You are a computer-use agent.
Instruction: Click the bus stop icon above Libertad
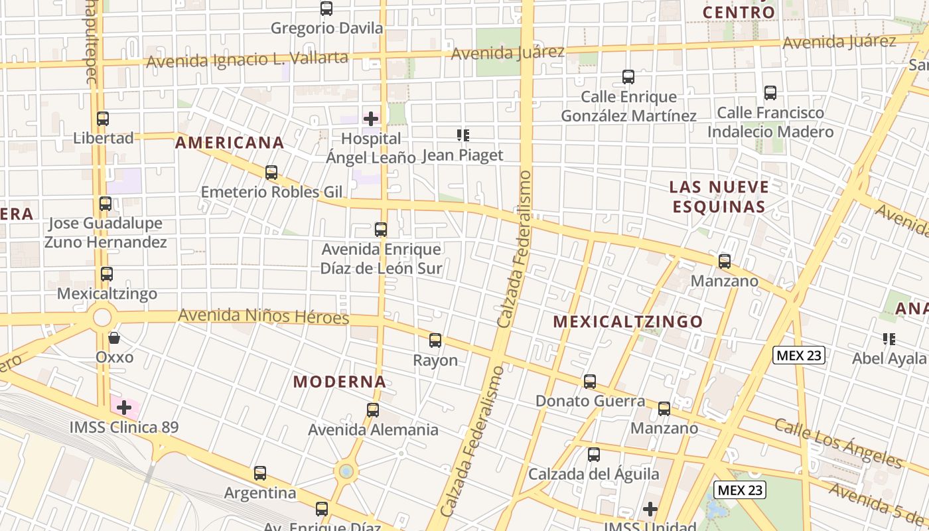point(103,119)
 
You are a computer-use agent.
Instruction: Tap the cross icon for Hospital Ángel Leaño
point(371,119)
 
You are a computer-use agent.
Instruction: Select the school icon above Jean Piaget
point(463,136)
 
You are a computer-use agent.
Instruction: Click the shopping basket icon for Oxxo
point(114,339)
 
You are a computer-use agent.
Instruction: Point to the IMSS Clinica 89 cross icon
point(124,408)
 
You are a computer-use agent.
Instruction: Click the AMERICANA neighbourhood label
point(230,143)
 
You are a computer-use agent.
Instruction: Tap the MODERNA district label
point(340,382)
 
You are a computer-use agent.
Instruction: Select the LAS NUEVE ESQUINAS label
point(719,196)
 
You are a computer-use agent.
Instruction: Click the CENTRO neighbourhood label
point(739,13)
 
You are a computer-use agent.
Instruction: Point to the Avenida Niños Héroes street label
point(263,316)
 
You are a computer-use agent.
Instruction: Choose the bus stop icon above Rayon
point(435,341)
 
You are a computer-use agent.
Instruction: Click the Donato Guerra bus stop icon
point(590,382)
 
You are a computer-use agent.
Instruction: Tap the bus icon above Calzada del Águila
point(594,455)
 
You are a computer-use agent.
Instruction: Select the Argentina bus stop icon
point(260,473)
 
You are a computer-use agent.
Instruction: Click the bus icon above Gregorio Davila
point(326,9)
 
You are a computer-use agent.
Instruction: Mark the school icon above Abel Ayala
point(890,340)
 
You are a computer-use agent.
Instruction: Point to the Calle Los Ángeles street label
point(838,443)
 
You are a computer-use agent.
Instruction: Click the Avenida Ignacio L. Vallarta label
point(248,60)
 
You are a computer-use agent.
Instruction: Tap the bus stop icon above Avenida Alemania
point(373,410)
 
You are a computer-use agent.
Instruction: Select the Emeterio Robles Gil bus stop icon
point(271,173)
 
